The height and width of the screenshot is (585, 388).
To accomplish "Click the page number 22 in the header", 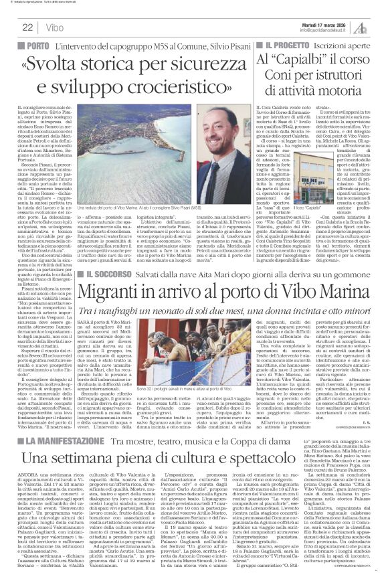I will (x=27, y=27).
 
